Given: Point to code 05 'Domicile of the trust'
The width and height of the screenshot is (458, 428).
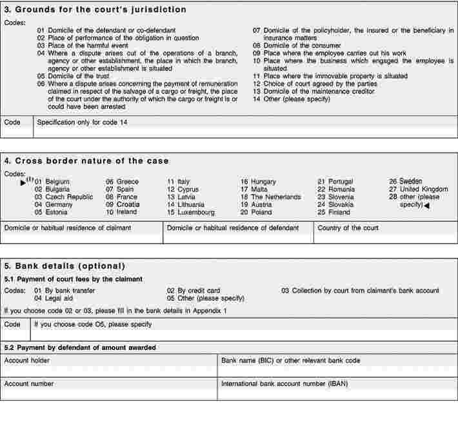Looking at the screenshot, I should [x=70, y=76].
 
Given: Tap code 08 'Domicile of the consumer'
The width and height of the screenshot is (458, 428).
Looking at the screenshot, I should [x=297, y=46].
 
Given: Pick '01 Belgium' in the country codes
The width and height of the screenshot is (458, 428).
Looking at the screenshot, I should [x=52, y=182].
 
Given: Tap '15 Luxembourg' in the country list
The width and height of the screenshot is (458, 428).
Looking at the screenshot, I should [x=191, y=212].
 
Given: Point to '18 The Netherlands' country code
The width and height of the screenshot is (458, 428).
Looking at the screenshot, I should [x=270, y=197].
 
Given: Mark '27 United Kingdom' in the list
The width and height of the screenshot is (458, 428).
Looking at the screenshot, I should [x=418, y=189].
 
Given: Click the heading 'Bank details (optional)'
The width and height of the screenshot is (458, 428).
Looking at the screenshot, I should [x=65, y=266].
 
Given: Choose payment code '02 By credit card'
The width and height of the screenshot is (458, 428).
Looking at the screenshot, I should [x=194, y=291].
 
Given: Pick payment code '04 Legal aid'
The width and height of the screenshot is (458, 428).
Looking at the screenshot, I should [x=54, y=298].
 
